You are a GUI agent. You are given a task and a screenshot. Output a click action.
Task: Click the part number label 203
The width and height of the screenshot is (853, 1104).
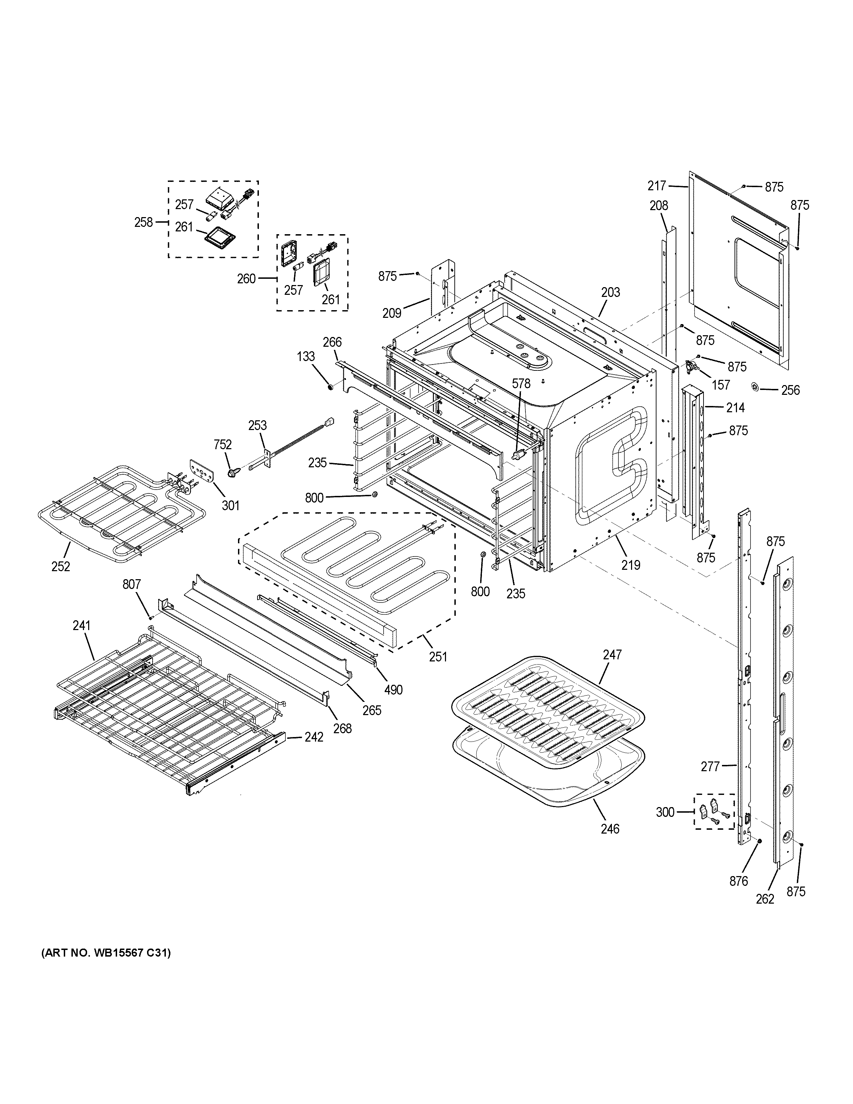pyautogui.click(x=610, y=292)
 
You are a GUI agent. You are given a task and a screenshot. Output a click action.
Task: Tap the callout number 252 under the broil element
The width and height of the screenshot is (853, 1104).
pyautogui.click(x=61, y=566)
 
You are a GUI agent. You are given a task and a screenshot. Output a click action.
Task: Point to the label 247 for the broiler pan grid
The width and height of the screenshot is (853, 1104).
pyautogui.click(x=612, y=654)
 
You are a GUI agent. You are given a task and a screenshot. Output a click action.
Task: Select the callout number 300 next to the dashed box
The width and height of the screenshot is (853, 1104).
pyautogui.click(x=665, y=812)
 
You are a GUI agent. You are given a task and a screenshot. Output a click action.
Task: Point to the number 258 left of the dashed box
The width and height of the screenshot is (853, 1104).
pyautogui.click(x=144, y=222)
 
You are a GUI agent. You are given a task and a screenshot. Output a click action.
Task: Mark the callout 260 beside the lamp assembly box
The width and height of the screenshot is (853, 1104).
pyautogui.click(x=247, y=278)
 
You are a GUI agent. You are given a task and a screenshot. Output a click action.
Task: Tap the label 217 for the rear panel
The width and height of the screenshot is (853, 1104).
pyautogui.click(x=657, y=186)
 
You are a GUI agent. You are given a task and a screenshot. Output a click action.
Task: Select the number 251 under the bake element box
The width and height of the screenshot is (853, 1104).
pyautogui.click(x=438, y=656)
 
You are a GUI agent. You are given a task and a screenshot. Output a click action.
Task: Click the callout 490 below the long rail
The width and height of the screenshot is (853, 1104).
pyautogui.click(x=393, y=689)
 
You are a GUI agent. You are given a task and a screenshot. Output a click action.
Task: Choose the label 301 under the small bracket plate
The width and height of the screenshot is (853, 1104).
pyautogui.click(x=230, y=505)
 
